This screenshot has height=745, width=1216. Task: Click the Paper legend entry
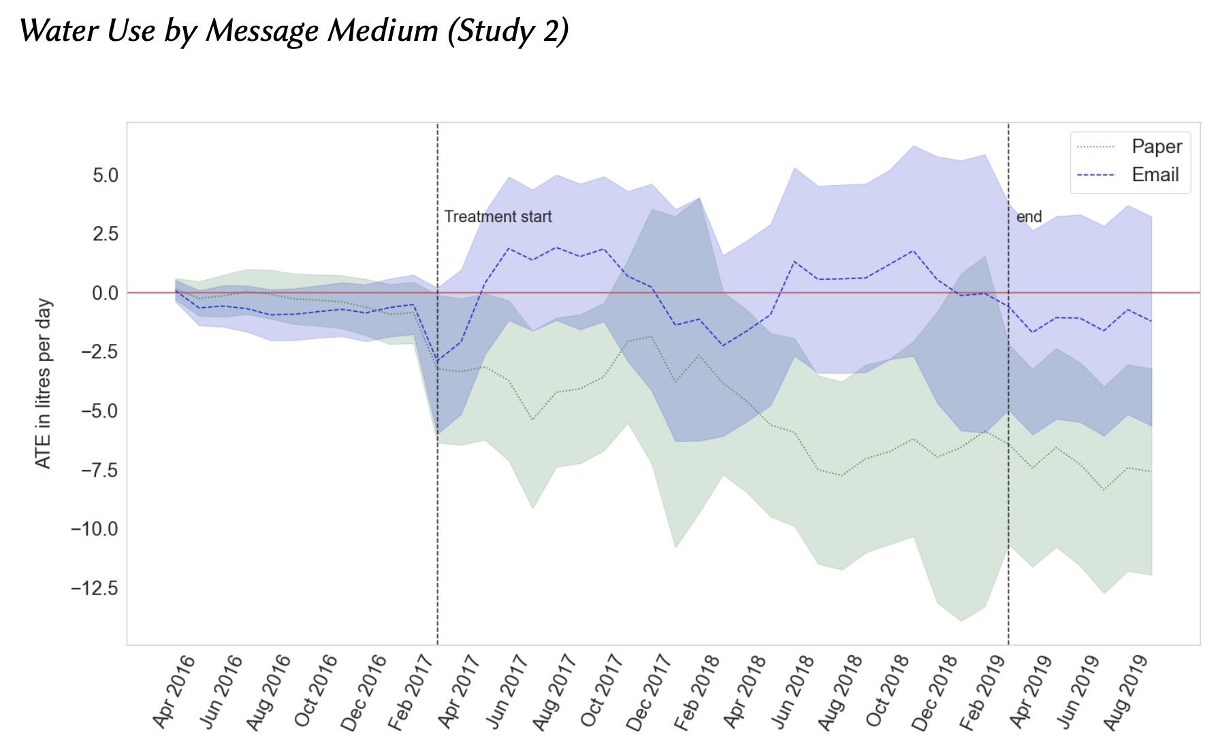1156,146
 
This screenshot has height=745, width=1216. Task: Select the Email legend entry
1155,175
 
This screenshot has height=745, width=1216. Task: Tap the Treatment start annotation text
498,217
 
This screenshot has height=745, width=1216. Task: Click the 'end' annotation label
1029,217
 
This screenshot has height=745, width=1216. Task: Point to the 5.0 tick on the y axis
106,176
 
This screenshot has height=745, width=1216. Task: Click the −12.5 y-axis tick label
95,588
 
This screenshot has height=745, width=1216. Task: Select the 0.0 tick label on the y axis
106,294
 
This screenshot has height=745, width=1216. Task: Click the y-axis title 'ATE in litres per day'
44,383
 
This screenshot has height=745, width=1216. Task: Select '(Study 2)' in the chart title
508,31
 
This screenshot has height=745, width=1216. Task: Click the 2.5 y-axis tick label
106,234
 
